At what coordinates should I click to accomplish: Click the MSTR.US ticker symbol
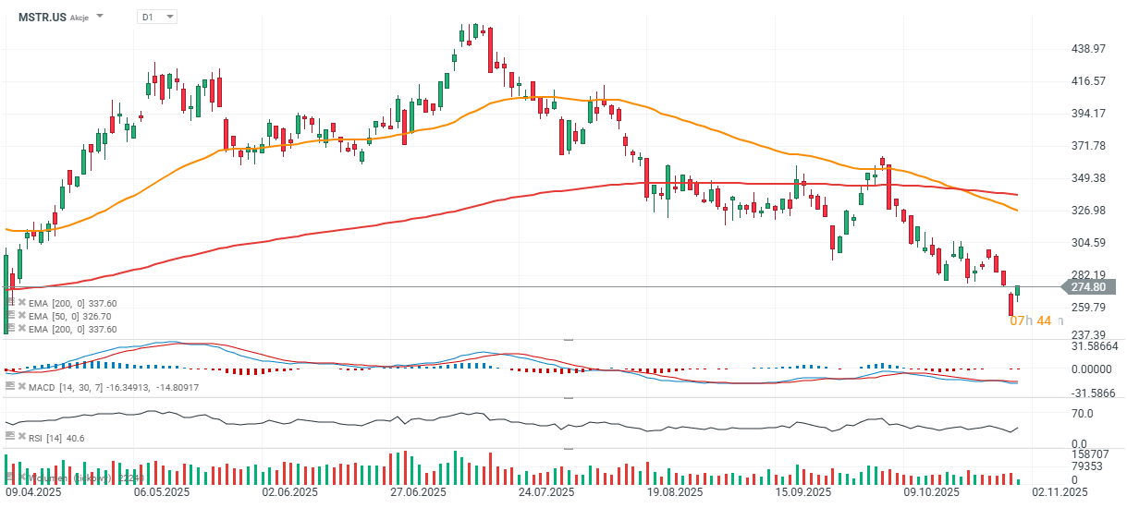click(x=43, y=17)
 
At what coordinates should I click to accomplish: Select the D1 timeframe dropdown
click(x=156, y=17)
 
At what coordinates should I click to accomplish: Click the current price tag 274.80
click(x=1088, y=287)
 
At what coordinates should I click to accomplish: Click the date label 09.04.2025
click(x=33, y=493)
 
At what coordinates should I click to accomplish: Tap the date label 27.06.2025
click(x=418, y=493)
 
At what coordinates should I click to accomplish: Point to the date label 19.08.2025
click(x=674, y=493)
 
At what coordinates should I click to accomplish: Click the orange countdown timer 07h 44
click(x=1030, y=321)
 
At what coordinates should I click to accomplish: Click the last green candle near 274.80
click(x=1018, y=292)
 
